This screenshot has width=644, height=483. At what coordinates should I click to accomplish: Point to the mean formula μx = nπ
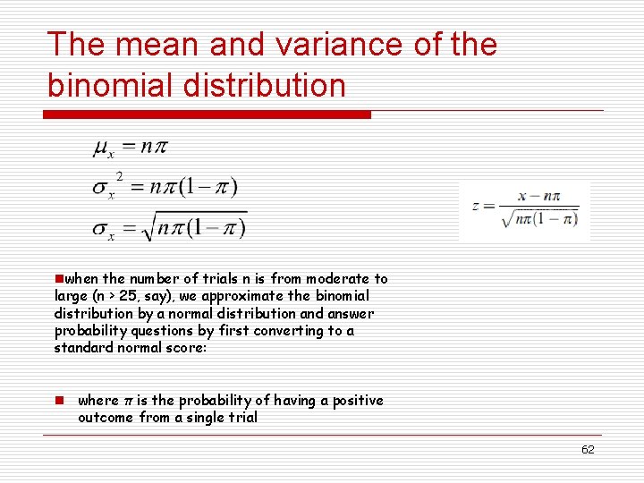click(130, 148)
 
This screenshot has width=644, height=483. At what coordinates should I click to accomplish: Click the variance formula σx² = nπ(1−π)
click(165, 187)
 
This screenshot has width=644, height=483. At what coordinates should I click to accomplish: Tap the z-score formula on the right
click(526, 210)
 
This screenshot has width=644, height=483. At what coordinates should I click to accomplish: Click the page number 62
click(588, 450)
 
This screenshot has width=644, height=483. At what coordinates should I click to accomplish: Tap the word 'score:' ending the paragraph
click(187, 347)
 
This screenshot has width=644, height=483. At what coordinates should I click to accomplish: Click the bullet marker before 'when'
click(58, 279)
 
